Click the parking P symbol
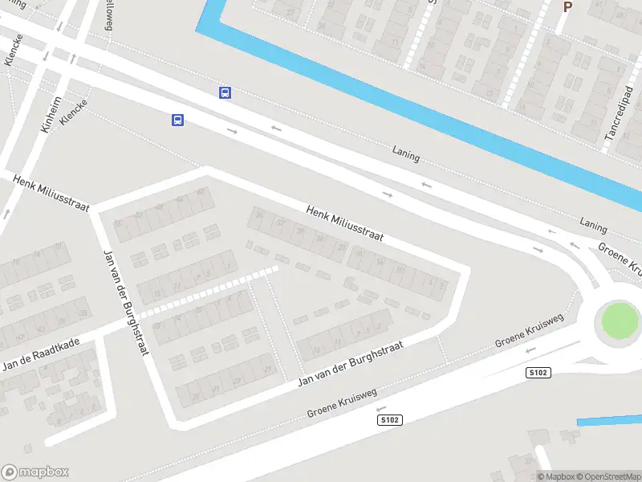click(x=567, y=7)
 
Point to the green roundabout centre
click(x=620, y=321)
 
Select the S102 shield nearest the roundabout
click(x=538, y=372)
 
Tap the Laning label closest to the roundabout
click(x=594, y=227)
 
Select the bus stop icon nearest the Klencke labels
click(x=177, y=120)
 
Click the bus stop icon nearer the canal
click(x=226, y=92)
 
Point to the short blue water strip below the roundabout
click(x=608, y=420)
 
